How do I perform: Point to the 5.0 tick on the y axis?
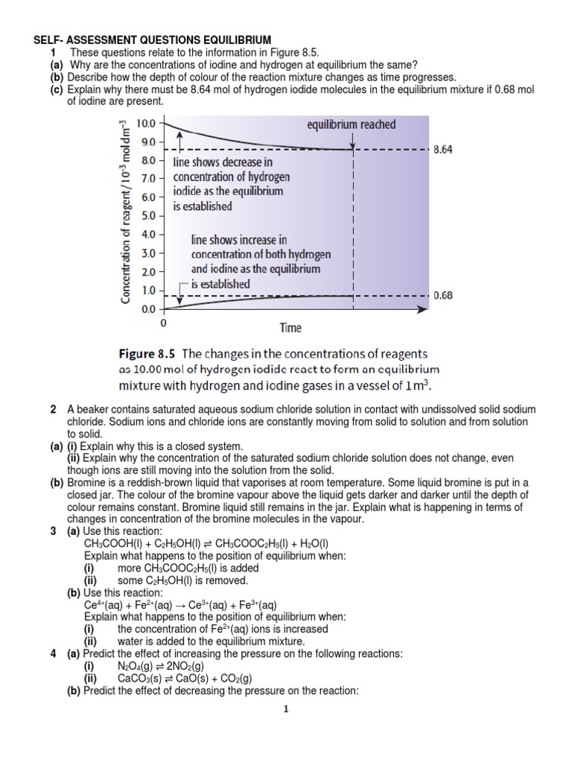(x=149, y=215)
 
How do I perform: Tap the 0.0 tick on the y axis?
(x=149, y=308)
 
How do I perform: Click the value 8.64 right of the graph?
(x=442, y=150)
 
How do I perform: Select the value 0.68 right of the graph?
(x=442, y=295)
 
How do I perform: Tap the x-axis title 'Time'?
(x=290, y=327)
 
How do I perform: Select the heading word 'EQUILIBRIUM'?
(x=238, y=39)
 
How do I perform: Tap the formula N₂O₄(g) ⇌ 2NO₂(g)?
(x=164, y=665)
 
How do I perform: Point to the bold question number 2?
(x=53, y=410)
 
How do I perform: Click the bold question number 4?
(x=53, y=653)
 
